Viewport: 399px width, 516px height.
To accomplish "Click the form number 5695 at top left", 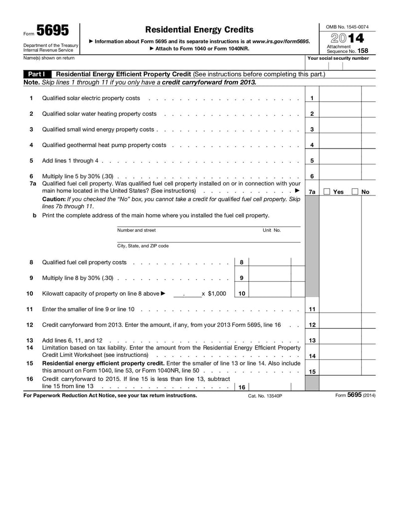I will click(52, 31).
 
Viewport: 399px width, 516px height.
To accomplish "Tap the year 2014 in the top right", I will click(347, 38).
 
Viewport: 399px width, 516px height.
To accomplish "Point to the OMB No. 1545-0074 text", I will click(347, 26).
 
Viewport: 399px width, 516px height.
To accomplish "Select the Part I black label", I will click(37, 74).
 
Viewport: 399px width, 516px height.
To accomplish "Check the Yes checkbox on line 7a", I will click(327, 191).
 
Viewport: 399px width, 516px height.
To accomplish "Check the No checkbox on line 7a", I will click(355, 191).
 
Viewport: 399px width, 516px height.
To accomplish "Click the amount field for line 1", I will click(340, 98).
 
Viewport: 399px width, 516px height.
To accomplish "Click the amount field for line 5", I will click(340, 161).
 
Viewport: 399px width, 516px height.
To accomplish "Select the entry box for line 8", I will click(269, 262).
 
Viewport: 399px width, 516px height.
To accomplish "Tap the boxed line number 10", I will click(241, 294).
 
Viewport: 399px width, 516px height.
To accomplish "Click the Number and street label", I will click(136, 230).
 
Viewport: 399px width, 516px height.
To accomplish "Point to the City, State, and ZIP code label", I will click(143, 246).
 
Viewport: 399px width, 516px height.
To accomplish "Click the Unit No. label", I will click(272, 230).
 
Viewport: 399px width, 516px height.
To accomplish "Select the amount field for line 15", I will click(340, 371).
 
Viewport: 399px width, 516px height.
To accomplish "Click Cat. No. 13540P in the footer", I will click(265, 396).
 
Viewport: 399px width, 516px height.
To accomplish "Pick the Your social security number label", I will click(338, 58).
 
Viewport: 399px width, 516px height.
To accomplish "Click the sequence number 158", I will click(366, 51).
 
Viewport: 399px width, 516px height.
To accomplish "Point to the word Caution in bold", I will click(54, 199).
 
